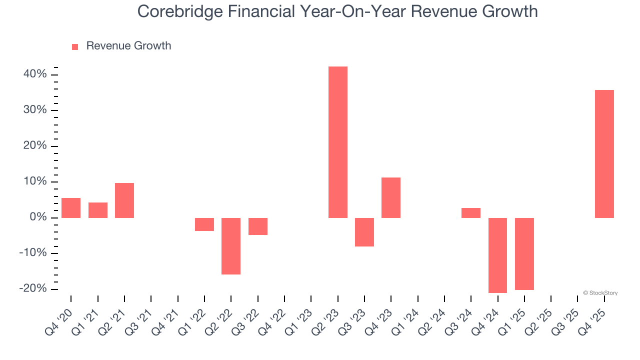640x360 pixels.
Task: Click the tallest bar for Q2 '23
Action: click(x=337, y=142)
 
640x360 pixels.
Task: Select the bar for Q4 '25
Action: click(x=604, y=154)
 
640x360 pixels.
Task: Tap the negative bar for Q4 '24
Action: click(x=497, y=255)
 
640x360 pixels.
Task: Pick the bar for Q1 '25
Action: click(x=524, y=253)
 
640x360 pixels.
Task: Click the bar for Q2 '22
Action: click(x=231, y=246)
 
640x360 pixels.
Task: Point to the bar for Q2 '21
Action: click(x=124, y=200)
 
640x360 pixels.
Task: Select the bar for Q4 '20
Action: click(x=71, y=207)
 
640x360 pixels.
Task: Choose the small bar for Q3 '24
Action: click(x=471, y=213)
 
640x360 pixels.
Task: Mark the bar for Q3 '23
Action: click(x=364, y=232)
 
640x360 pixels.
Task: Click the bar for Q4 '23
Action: click(x=391, y=197)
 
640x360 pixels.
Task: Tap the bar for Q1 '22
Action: click(x=204, y=224)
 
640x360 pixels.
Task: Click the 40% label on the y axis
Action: click(x=34, y=74)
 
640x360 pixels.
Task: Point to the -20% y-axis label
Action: click(x=33, y=289)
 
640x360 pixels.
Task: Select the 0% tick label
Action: click(x=38, y=217)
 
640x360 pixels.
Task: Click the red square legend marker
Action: click(x=75, y=46)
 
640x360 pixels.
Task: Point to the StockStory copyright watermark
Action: click(x=600, y=293)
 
